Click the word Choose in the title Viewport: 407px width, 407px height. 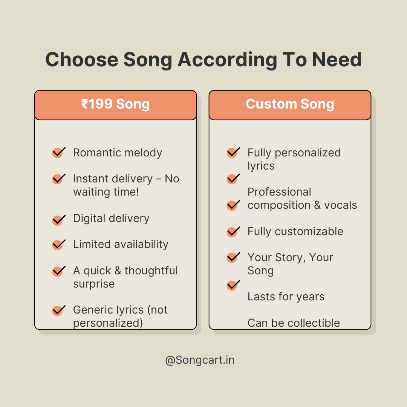tap(82, 60)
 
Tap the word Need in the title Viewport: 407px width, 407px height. tap(337, 60)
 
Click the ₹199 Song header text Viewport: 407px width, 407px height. tap(116, 104)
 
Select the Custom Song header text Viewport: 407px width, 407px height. tap(290, 104)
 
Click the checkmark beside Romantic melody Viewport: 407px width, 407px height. tap(59, 152)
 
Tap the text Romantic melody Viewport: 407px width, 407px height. tap(118, 153)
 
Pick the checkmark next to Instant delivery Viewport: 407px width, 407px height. tap(59, 179)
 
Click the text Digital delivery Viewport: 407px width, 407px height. tap(111, 218)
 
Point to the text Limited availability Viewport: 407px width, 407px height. tap(121, 244)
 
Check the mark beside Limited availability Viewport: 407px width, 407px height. tap(59, 245)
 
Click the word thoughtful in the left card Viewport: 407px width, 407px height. tap(151, 271)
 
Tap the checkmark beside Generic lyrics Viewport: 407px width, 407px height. tap(59, 310)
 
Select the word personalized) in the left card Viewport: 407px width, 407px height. tap(108, 323)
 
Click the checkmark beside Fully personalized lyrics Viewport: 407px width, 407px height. tap(233, 152)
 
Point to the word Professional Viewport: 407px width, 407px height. tap(279, 192)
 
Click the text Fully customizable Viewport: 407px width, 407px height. tap(295, 231)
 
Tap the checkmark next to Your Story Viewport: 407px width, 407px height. tap(233, 257)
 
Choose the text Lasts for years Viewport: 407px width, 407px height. tap(286, 297)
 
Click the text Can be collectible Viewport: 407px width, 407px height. tap(294, 323)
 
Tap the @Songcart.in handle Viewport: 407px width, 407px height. tap(200, 360)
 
